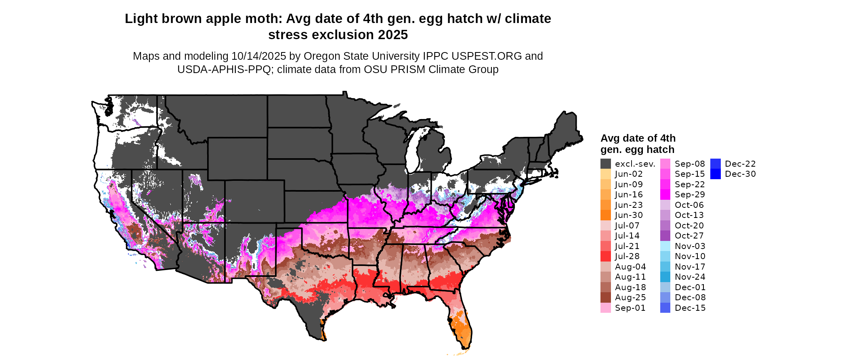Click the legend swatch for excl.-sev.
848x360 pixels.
click(605, 164)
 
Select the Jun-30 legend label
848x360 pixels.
click(629, 216)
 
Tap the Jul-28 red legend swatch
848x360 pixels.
click(605, 256)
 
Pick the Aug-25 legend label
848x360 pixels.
click(630, 297)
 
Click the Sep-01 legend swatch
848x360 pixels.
click(605, 308)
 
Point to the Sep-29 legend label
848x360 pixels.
click(690, 195)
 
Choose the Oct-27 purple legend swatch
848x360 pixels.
click(665, 236)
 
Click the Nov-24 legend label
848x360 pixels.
click(690, 277)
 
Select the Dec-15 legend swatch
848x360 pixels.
click(665, 308)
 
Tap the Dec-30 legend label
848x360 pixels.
click(740, 174)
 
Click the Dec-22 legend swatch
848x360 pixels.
click(715, 164)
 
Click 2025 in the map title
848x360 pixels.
click(393, 35)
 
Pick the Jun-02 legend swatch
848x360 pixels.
click(605, 174)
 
